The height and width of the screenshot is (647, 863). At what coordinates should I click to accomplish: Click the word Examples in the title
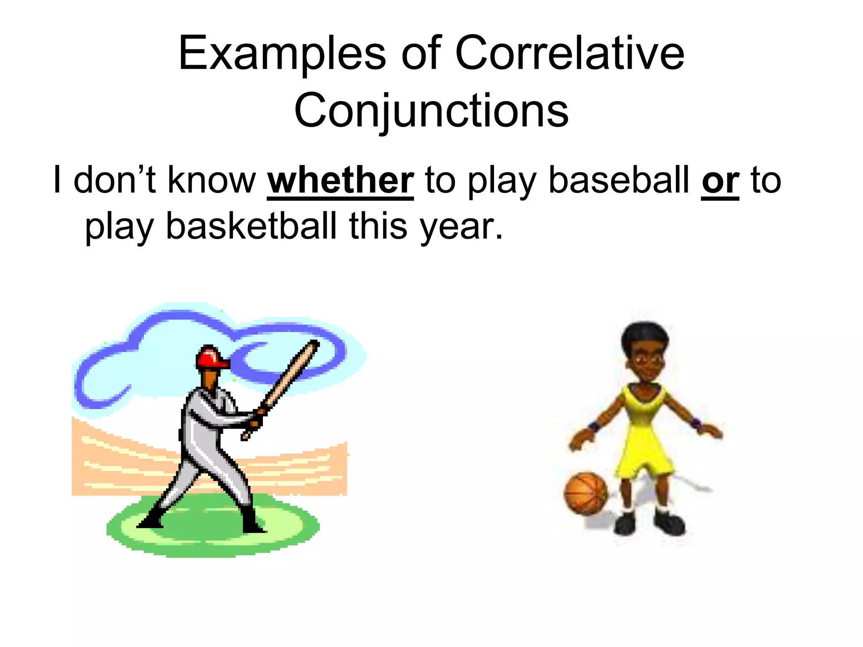tap(282, 53)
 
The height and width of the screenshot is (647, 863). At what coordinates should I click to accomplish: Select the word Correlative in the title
tap(570, 53)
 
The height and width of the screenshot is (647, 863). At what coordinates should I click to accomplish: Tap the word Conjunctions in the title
tap(431, 110)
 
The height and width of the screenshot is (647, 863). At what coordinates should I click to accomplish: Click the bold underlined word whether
tap(340, 180)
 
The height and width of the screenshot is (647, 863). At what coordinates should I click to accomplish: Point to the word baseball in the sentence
tap(619, 180)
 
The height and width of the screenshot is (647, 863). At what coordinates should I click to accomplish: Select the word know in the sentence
tap(212, 180)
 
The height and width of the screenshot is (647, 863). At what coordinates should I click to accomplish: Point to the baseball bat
tap(287, 383)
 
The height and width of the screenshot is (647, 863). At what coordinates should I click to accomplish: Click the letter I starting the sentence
tap(57, 180)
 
